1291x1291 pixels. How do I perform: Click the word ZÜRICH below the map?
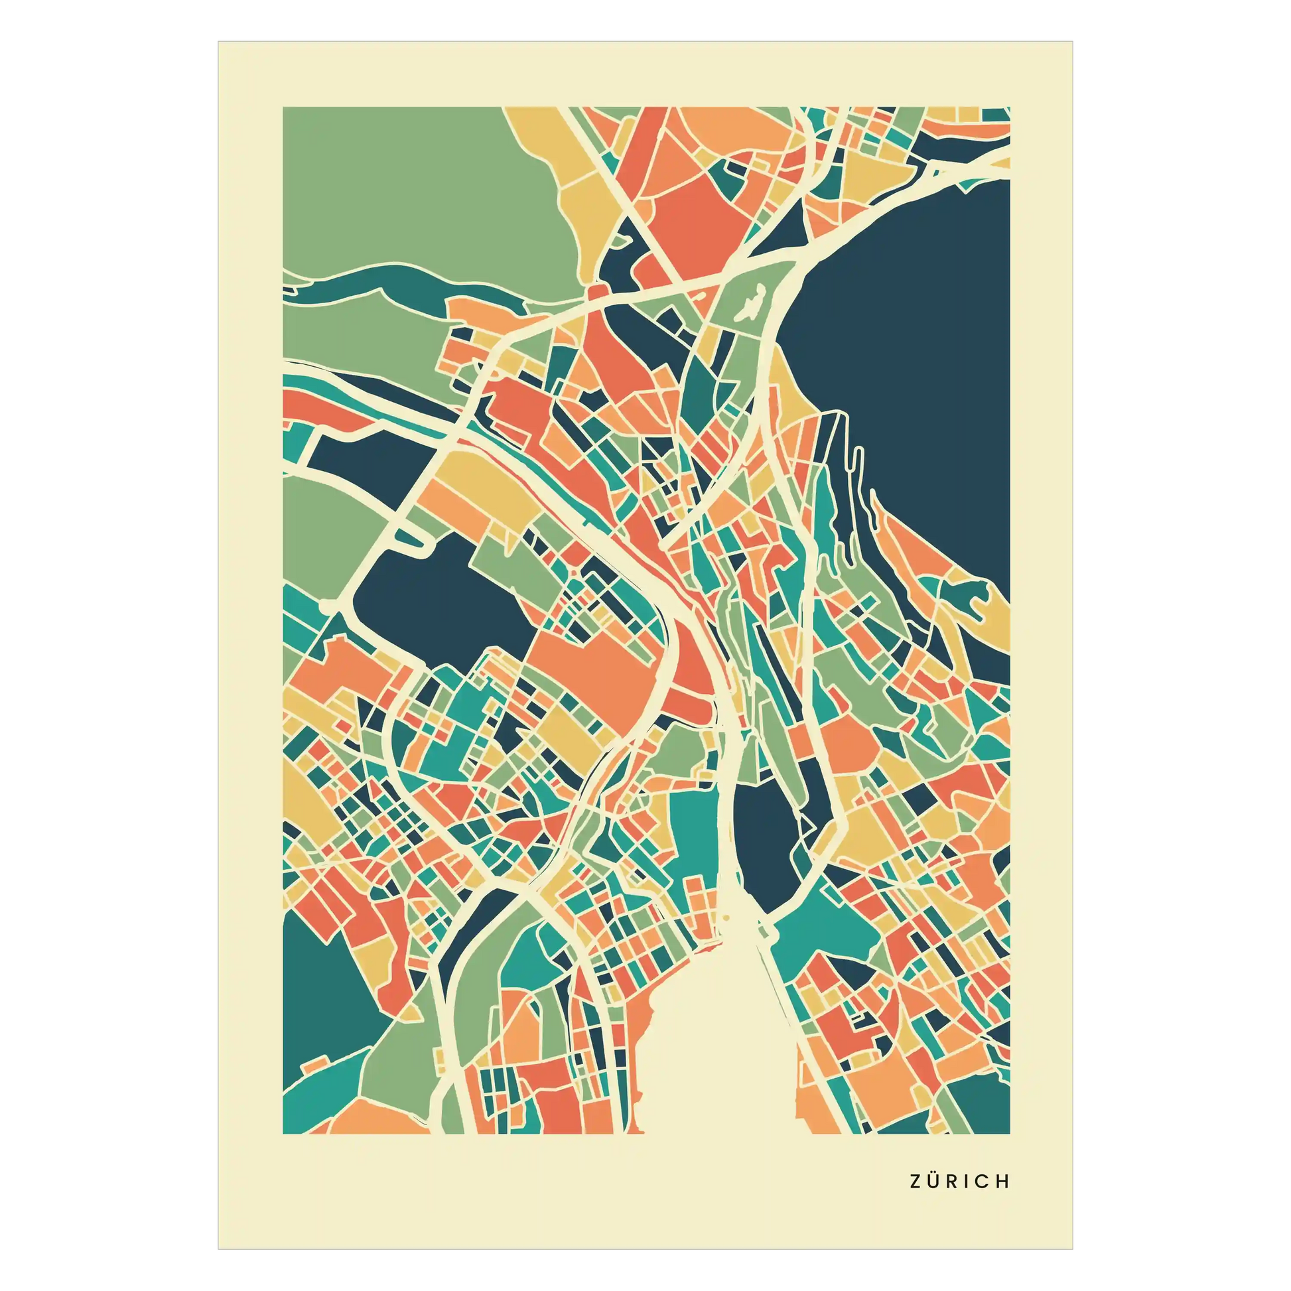tap(959, 1182)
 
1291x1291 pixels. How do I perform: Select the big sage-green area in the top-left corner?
tap(414, 194)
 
